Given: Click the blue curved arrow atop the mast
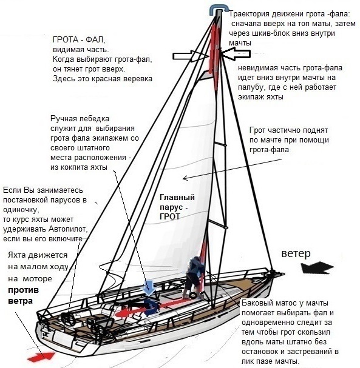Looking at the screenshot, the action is tap(219, 9).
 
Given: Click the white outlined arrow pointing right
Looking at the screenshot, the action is tap(191, 56).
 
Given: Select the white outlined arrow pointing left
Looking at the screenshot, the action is tap(236, 54).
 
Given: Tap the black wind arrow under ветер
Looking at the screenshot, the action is tap(318, 268).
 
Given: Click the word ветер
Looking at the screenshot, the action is tap(296, 253).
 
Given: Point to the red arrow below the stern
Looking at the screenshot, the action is tap(41, 356).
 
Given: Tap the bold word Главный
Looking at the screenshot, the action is tap(177, 197).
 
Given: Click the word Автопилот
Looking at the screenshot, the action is tap(68, 229).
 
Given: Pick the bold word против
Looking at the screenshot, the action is tap(24, 290).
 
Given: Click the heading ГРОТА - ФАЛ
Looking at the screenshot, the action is tap(79, 39).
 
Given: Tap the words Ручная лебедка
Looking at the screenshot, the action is tap(80, 119).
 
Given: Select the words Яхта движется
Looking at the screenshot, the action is tap(38, 255).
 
